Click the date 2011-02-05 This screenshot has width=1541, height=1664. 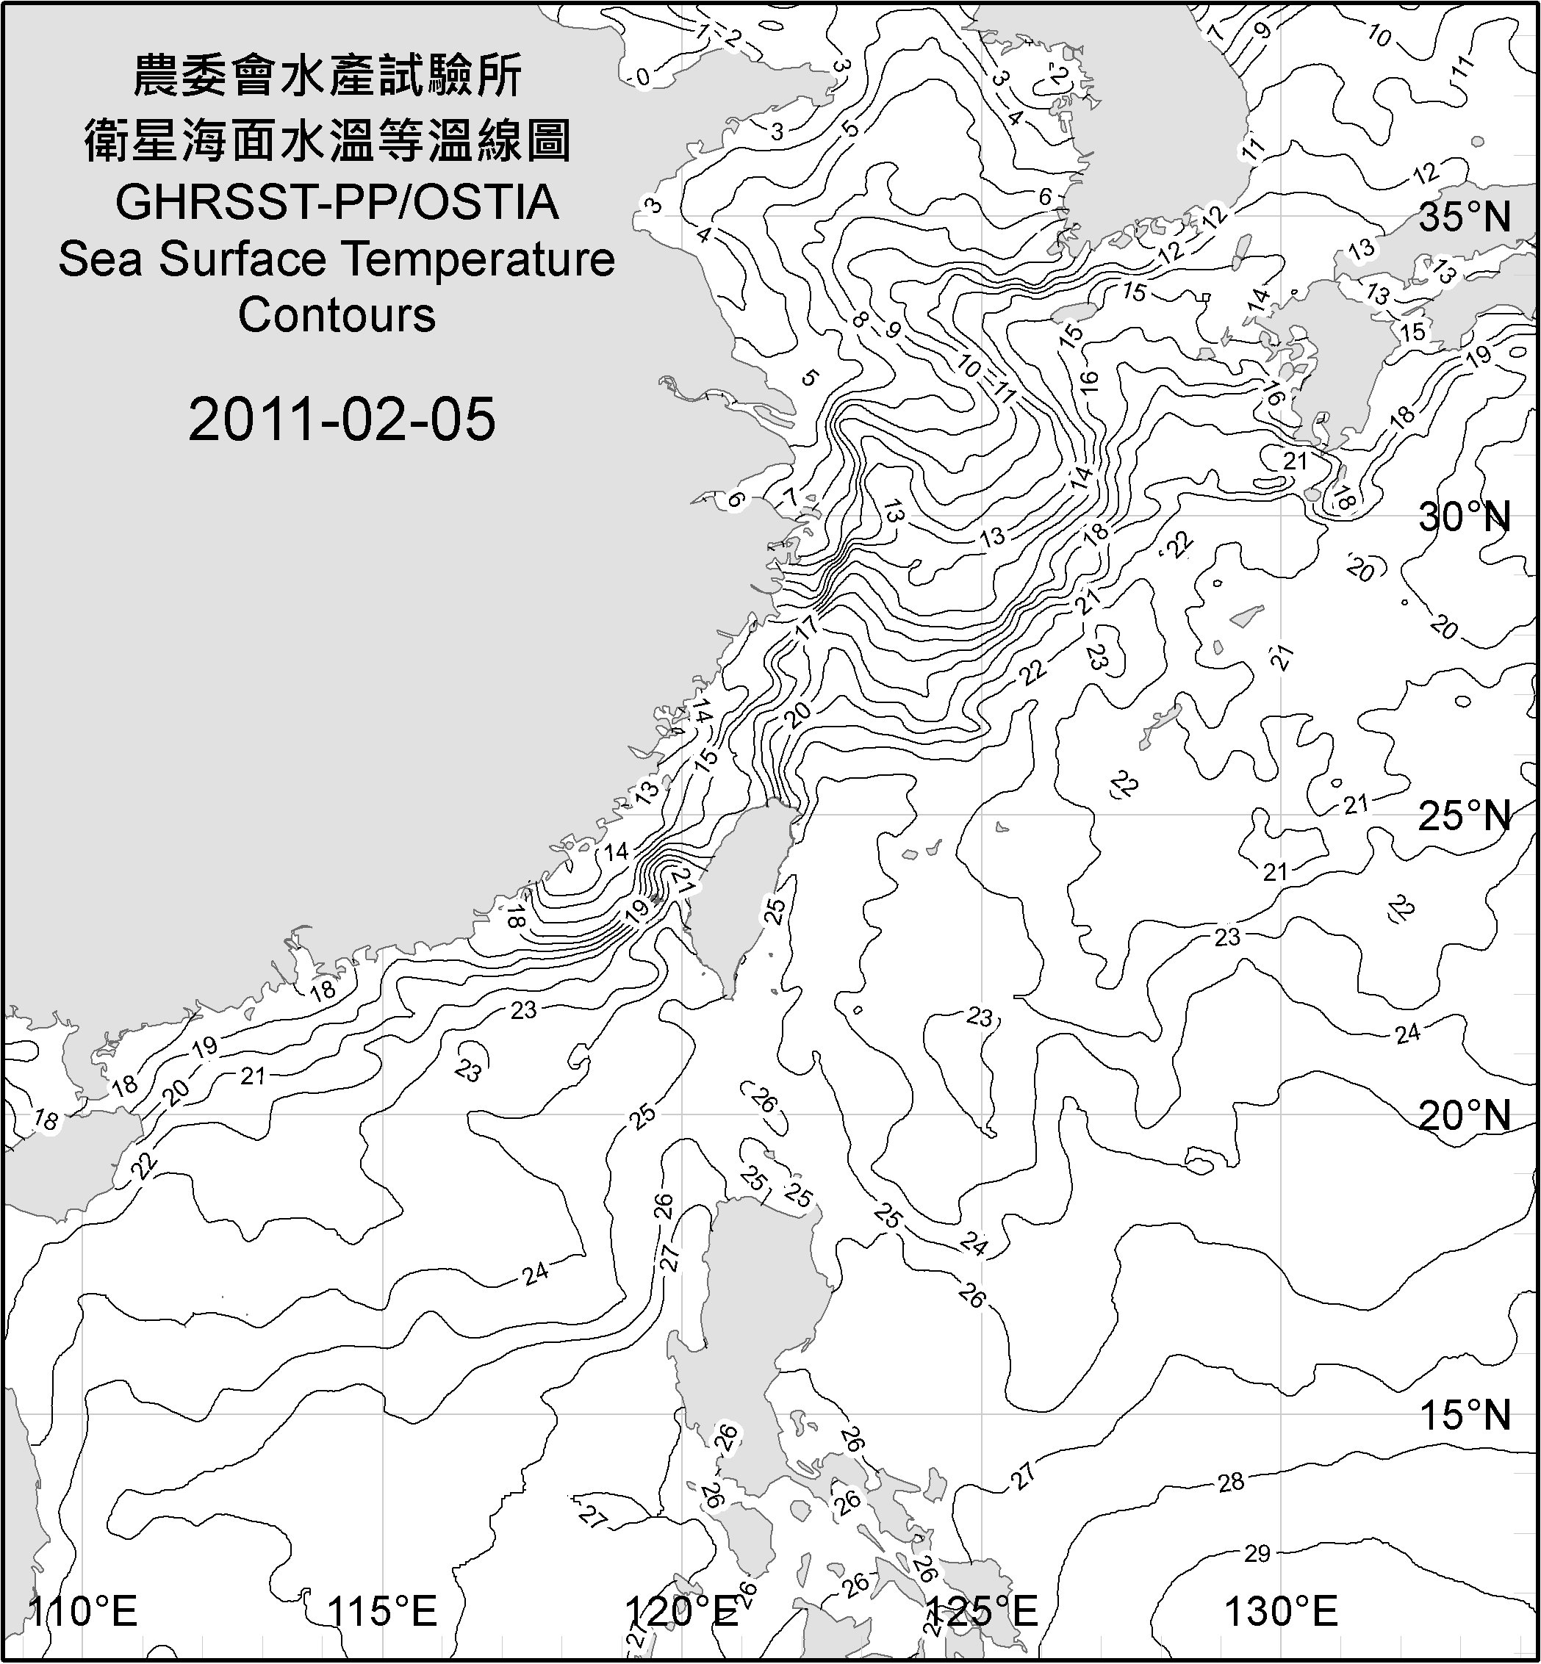coord(342,419)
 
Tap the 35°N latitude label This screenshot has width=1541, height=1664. coord(1465,217)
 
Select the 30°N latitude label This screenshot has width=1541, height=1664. coord(1465,518)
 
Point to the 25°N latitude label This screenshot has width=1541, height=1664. coord(1465,816)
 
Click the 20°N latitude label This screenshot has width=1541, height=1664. coord(1465,1115)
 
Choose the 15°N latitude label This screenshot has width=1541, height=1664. coord(1465,1415)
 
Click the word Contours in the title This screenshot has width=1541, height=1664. coord(337,315)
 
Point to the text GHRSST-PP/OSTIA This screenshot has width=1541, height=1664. coord(337,203)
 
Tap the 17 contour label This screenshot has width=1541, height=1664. coord(805,627)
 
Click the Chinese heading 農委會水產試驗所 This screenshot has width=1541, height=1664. coord(328,76)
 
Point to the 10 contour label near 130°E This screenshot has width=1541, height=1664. coord(1379,37)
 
